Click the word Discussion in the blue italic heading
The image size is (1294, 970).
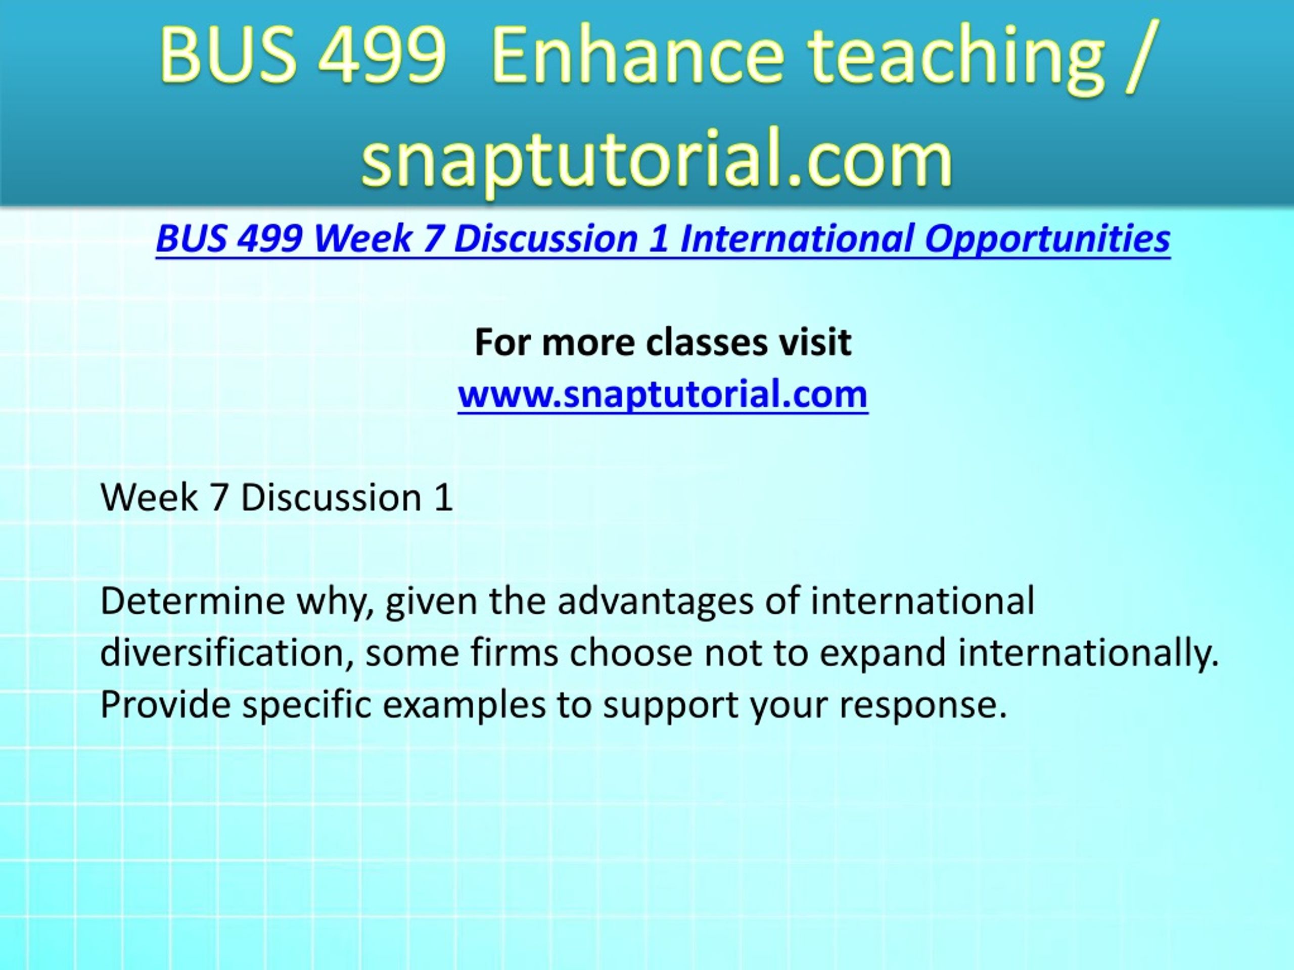545,238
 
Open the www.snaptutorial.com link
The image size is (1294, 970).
663,394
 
